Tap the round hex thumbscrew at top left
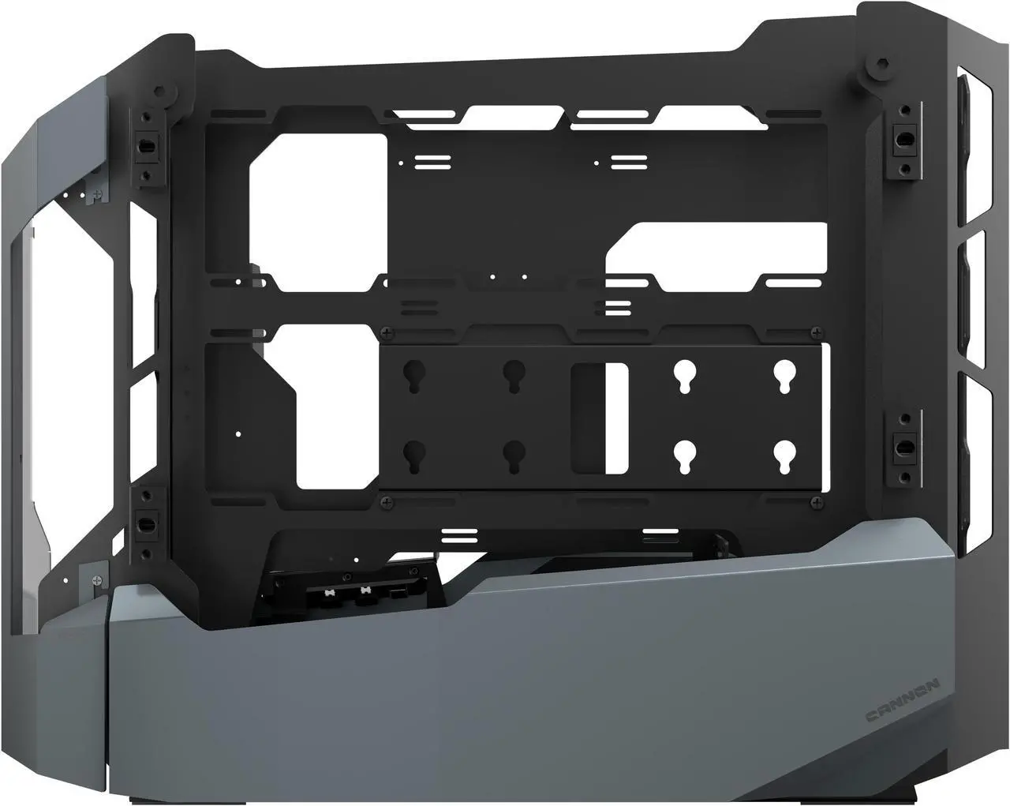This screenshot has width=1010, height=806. click(x=165, y=93)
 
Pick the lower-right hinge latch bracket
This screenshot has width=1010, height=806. click(x=900, y=448)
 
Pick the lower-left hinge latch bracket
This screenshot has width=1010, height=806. click(x=146, y=522)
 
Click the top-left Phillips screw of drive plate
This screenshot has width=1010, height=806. click(x=387, y=332)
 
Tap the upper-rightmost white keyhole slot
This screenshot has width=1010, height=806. click(x=783, y=377)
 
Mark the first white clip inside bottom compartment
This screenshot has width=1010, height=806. click(x=327, y=590)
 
